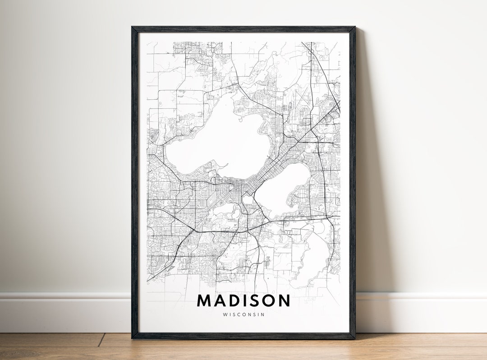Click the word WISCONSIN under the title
tap(243, 314)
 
